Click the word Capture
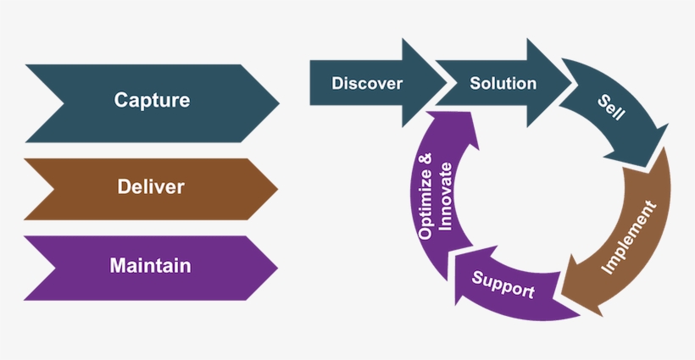tap(152, 101)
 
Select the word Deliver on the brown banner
tap(151, 186)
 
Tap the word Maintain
tap(150, 266)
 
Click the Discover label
tap(366, 83)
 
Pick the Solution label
tap(503, 83)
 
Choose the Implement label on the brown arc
tap(629, 237)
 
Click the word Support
tap(503, 285)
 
